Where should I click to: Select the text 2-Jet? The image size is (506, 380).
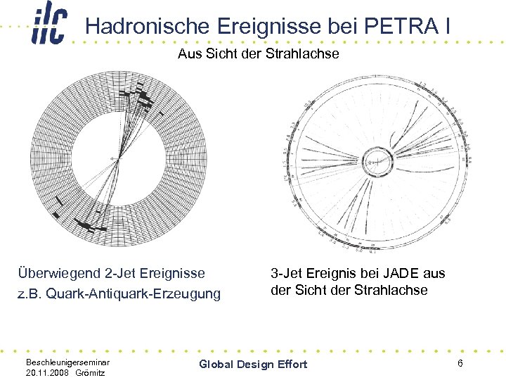[x=157, y=273]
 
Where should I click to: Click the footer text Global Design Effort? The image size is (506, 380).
[x=253, y=364]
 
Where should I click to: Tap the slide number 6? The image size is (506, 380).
[x=460, y=363]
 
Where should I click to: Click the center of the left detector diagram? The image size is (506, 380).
[x=119, y=159]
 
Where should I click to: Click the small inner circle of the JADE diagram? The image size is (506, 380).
[x=378, y=160]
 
